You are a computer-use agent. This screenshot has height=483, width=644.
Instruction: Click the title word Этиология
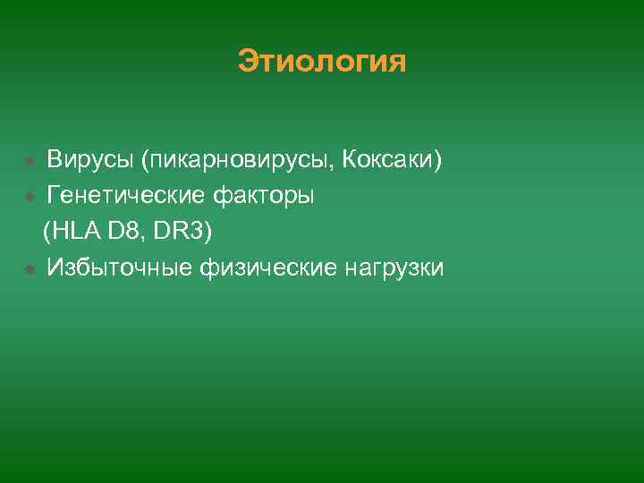click(x=322, y=62)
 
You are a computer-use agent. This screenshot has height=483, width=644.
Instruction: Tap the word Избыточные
click(x=114, y=267)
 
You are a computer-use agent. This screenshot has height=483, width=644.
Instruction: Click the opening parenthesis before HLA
click(x=47, y=233)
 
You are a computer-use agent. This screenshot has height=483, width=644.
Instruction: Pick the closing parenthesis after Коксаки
click(x=437, y=161)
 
